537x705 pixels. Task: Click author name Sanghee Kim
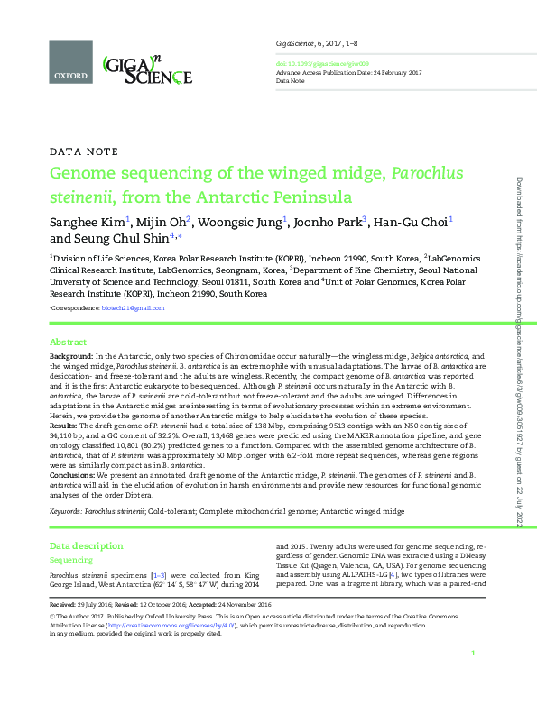[x=88, y=222]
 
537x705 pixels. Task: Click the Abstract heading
[x=68, y=343]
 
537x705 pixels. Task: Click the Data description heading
[x=86, y=546]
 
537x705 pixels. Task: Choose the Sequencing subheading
[x=70, y=559]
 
